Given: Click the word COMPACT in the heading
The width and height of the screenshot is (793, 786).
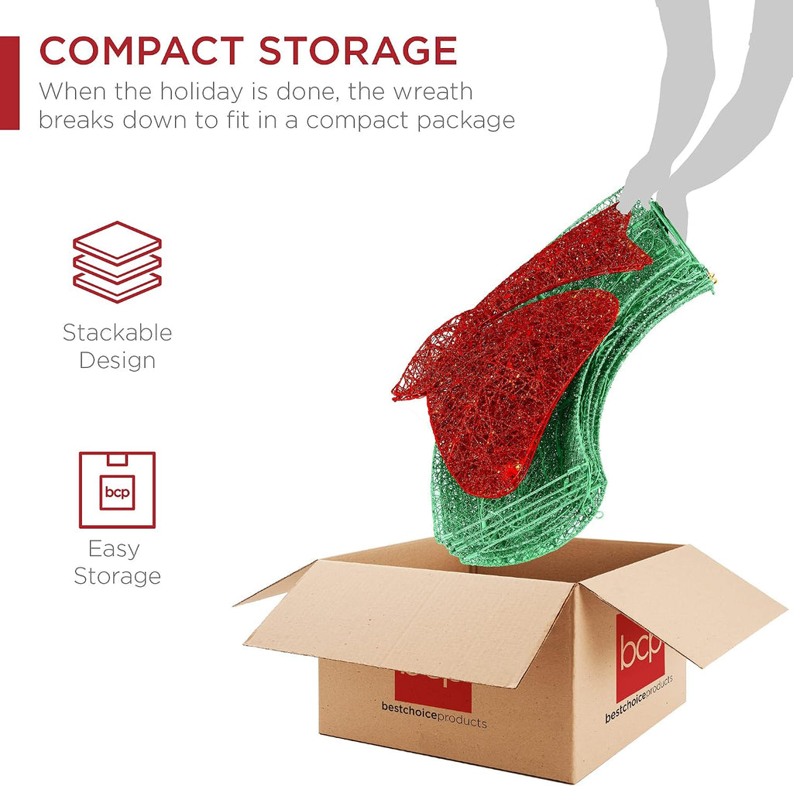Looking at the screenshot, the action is point(142,50).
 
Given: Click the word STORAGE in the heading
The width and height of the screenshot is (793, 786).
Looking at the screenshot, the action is point(358,50).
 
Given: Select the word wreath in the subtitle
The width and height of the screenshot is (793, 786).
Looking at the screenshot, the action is point(434,91).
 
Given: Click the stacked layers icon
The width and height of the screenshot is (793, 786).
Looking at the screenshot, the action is point(118,262).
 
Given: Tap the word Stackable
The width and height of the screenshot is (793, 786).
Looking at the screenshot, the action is point(118,333).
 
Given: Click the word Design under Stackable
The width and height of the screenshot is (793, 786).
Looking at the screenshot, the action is point(118,361).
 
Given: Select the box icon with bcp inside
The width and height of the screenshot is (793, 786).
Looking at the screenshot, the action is point(118,489).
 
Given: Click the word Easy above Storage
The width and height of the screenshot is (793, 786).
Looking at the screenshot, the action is point(114,550).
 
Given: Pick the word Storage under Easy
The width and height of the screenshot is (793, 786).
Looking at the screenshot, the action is point(118,577).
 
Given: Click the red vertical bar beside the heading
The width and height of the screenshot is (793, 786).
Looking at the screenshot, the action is point(9,83).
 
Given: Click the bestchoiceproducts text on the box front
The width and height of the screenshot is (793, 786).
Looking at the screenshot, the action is point(434,715).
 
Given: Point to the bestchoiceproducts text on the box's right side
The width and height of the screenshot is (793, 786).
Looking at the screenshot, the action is point(639,698).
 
